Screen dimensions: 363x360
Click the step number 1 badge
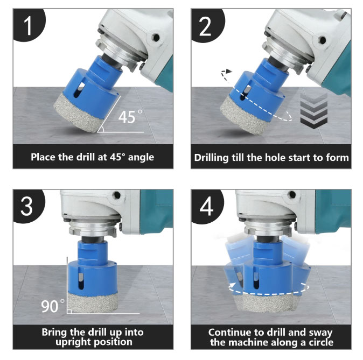[28, 25]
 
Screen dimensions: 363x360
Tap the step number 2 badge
[206, 25]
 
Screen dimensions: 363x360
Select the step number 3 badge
[28, 206]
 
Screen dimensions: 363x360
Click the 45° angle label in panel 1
[130, 117]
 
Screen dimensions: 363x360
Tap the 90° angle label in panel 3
[53, 306]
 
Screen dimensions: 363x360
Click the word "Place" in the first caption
[43, 157]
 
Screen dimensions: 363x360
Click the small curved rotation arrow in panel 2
[226, 75]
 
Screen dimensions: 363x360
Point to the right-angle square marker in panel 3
[69, 312]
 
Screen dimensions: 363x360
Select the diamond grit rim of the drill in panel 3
[93, 302]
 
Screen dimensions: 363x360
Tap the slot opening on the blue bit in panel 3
[80, 280]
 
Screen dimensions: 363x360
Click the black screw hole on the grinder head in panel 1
[156, 38]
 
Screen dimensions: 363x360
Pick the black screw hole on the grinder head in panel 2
[322, 40]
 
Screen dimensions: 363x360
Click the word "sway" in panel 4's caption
[322, 333]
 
